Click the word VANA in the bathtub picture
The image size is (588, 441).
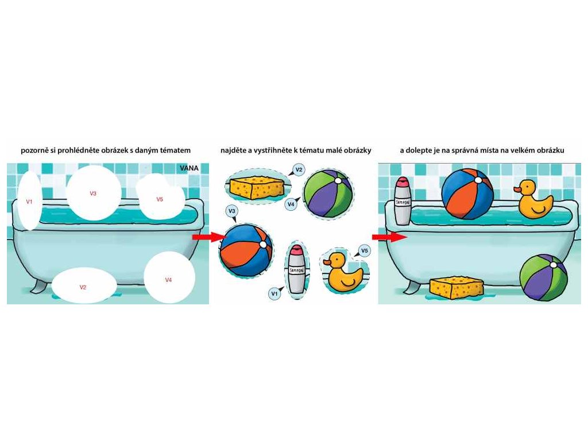189,168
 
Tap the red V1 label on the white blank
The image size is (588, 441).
29,202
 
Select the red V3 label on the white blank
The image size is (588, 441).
93,194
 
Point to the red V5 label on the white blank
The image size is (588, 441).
160,199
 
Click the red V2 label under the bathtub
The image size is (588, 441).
83,286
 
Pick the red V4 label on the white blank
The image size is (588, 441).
168,280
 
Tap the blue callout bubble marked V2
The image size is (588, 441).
299,169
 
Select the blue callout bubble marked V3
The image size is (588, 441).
232,212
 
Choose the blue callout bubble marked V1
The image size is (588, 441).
274,293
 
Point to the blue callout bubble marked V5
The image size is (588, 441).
363,250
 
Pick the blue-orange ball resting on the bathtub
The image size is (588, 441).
467,194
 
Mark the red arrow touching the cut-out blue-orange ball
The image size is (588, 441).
204,237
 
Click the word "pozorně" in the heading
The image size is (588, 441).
36,150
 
